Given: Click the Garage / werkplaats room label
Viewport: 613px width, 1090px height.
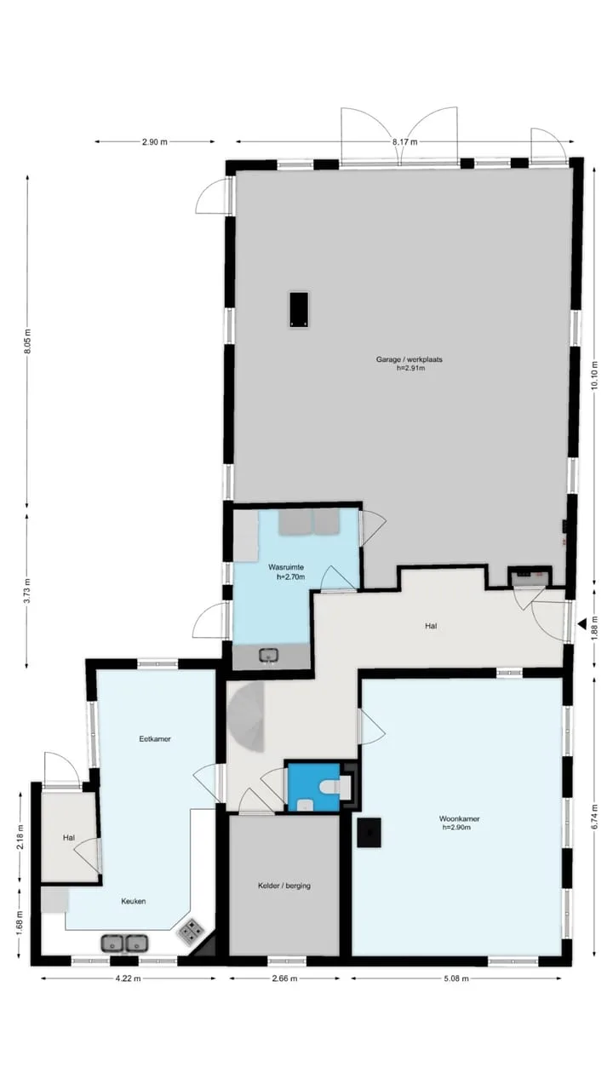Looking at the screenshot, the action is point(410,359).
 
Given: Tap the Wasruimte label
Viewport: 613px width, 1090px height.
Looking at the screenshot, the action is point(286,567).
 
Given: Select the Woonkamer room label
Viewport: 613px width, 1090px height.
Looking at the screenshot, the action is point(459,818).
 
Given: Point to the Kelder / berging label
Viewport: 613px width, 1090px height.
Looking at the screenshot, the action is point(284,886).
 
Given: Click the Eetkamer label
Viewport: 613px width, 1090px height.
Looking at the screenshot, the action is point(155,738).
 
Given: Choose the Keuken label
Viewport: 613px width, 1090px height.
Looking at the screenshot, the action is point(134,901).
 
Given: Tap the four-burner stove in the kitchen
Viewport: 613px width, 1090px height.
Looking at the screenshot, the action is point(192,931).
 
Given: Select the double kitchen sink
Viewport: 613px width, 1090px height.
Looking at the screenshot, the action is point(124,944).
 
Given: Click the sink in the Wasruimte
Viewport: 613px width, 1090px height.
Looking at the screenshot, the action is point(268,655).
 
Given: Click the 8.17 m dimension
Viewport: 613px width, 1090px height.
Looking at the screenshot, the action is point(404,142).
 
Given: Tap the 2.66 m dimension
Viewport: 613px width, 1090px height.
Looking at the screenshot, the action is point(284,978).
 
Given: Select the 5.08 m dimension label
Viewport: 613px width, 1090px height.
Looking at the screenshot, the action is point(455,978).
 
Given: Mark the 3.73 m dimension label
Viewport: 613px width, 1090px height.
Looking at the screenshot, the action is point(28,590).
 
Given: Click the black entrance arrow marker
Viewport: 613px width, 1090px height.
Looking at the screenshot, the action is point(581,623).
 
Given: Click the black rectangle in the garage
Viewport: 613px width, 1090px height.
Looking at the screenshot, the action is point(299,309).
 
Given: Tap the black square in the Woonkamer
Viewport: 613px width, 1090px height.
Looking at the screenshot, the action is point(369,833).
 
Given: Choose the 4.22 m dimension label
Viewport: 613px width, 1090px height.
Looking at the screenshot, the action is point(128,978).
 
